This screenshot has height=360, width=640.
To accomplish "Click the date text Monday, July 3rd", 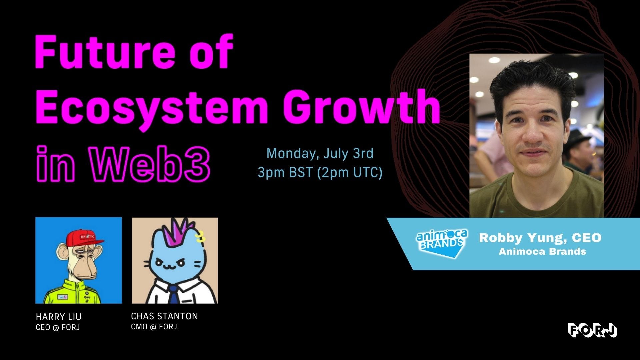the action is pyautogui.click(x=320, y=153).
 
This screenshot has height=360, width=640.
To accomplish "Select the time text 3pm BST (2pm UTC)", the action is pyautogui.click(x=320, y=172).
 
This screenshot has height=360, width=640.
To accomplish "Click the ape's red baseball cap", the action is pyautogui.click(x=85, y=237).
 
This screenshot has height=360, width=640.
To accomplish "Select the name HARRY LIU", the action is pyautogui.click(x=59, y=317).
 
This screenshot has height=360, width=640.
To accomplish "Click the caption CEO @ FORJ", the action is pyautogui.click(x=58, y=327).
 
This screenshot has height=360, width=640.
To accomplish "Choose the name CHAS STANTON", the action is pyautogui.click(x=164, y=316).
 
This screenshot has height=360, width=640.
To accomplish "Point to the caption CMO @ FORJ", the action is pyautogui.click(x=154, y=327).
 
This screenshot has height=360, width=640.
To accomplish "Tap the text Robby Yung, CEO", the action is pyautogui.click(x=540, y=238).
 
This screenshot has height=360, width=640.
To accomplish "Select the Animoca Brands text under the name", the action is pyautogui.click(x=542, y=251).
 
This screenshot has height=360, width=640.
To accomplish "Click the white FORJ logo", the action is pyautogui.click(x=592, y=330).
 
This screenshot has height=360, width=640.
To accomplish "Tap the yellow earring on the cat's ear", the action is pyautogui.click(x=200, y=237).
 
